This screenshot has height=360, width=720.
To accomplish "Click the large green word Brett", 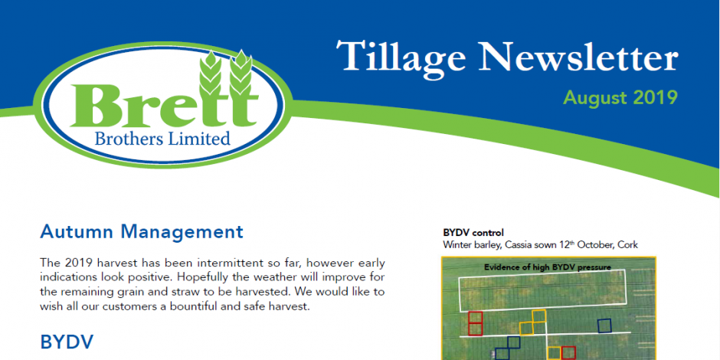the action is (x=164, y=106).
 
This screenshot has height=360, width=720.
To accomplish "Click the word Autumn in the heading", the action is (x=77, y=232).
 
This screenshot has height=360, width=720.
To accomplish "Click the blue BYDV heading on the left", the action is (x=67, y=342).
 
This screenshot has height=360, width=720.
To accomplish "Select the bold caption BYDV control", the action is (x=473, y=232).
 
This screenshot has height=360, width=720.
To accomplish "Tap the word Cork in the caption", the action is (x=627, y=245).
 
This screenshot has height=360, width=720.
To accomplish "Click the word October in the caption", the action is (x=594, y=245).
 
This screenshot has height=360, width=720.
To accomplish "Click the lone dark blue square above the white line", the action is (x=604, y=326).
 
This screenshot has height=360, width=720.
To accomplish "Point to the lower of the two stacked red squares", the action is (x=475, y=329).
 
